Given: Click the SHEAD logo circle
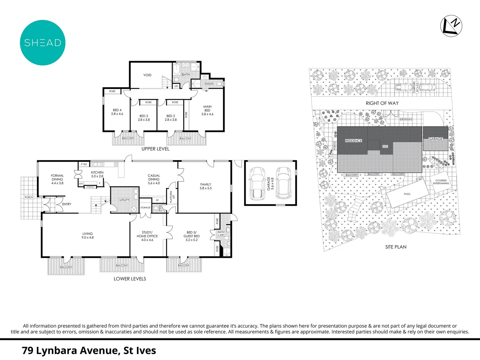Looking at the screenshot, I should [x=43, y=43].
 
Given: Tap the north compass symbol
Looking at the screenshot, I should [x=451, y=26].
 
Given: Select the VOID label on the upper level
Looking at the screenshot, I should [x=147, y=75].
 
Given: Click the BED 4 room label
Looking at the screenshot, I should [x=117, y=112].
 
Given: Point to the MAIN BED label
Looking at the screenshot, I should [x=207, y=110].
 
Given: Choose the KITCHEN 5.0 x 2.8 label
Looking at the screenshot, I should [x=97, y=174].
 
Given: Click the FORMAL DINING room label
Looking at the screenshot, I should [x=57, y=179].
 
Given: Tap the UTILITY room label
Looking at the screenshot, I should [x=124, y=200].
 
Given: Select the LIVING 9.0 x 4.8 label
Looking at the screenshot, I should [x=88, y=236].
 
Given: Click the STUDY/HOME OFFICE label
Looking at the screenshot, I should [x=147, y=236].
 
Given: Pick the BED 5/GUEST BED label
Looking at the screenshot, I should [x=192, y=236].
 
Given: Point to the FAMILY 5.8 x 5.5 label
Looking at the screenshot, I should [x=206, y=186].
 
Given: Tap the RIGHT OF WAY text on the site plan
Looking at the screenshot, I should [x=382, y=103].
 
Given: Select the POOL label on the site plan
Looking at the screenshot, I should [x=407, y=194].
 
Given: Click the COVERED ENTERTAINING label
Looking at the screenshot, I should [x=441, y=182].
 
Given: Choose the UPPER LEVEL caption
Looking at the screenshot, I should [x=155, y=149].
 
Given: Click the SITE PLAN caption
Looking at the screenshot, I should [x=396, y=247].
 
